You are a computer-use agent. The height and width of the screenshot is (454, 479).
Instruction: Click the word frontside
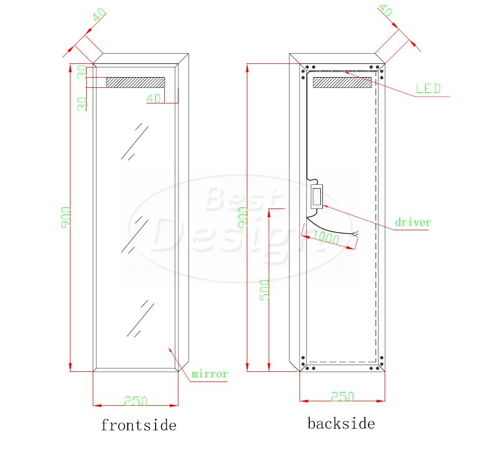138,425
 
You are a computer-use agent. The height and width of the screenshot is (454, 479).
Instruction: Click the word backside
341,424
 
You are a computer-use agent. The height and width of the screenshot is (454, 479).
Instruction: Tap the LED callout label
428,89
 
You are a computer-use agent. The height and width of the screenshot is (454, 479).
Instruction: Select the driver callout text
413,222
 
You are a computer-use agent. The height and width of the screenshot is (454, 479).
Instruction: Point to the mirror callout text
210,373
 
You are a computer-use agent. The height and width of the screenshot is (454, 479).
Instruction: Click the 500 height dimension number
264,290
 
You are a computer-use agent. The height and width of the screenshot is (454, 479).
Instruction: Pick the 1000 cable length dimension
326,237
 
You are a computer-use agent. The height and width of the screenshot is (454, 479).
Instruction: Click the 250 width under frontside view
136,401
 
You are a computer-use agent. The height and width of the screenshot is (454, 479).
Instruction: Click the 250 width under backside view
343,397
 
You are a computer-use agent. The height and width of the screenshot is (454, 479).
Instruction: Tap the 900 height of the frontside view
66,218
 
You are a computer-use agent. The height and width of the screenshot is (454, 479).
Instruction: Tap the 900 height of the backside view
243,218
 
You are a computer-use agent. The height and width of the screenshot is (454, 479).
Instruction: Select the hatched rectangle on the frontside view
136,82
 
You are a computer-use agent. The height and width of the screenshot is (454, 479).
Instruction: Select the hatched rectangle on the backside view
342,82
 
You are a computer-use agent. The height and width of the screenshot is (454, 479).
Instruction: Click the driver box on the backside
317,197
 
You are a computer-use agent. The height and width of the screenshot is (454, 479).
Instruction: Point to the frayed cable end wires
355,234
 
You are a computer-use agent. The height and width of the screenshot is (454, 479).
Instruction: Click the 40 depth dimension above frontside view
99,15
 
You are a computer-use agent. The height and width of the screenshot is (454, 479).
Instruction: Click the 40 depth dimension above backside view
386,10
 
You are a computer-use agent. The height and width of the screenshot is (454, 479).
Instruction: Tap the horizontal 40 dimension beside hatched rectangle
154,98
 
